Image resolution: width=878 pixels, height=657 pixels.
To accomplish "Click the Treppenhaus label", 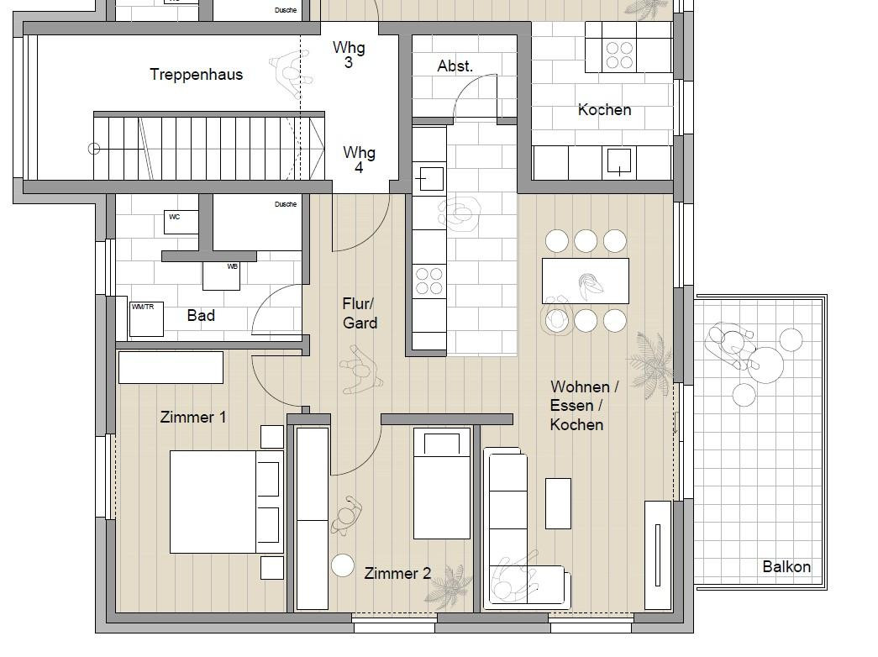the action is (x=196, y=75).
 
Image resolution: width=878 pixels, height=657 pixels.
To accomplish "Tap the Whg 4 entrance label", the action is (x=359, y=160).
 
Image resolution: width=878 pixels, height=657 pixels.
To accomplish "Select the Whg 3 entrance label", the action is (x=349, y=55).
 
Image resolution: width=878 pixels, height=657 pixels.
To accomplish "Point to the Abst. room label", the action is (x=455, y=66).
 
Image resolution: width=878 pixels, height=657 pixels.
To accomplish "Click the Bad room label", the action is (x=201, y=315).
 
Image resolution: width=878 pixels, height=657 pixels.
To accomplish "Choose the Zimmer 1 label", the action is (x=193, y=418).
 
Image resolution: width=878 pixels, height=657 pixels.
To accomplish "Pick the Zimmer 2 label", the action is (x=397, y=574).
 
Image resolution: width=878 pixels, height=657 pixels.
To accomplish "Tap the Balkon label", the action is (x=786, y=567).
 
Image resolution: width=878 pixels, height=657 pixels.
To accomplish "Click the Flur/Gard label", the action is (x=360, y=313).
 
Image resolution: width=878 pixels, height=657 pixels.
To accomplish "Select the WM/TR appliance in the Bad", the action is (x=146, y=319).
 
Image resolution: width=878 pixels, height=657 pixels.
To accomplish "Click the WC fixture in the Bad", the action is (x=181, y=222).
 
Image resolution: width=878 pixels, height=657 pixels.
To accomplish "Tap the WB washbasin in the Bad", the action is (x=221, y=276).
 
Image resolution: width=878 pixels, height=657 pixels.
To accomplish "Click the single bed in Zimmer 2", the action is (x=442, y=483).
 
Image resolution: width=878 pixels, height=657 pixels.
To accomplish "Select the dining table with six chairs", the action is (x=585, y=281).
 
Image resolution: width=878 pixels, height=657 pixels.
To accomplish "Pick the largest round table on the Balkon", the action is (x=765, y=365).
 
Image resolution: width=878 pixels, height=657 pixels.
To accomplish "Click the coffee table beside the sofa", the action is (x=558, y=503).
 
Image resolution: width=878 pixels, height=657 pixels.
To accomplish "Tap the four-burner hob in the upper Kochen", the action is (x=619, y=55).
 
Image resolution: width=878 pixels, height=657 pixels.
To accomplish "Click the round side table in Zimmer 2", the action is (x=343, y=565).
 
